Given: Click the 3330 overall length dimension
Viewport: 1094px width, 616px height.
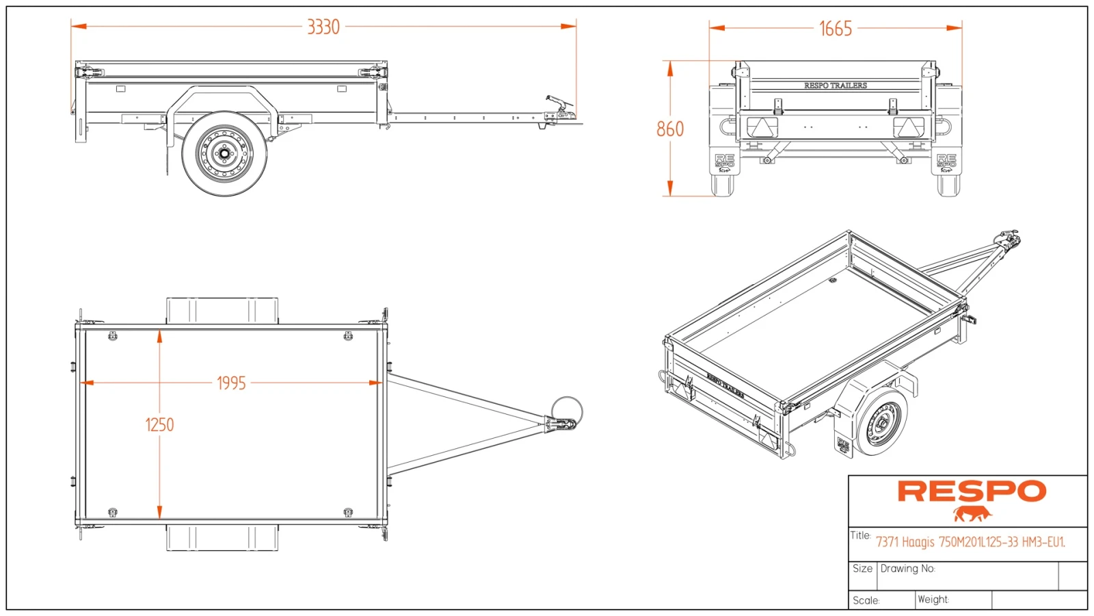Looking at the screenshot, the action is click(x=323, y=27).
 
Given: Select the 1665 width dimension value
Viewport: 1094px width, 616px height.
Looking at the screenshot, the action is click(x=835, y=29).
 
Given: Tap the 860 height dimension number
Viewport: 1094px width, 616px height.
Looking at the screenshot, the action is click(x=669, y=129).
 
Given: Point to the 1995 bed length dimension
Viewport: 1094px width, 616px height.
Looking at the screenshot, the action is click(x=231, y=383).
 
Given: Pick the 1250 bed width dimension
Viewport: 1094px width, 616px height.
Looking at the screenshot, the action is click(x=159, y=425).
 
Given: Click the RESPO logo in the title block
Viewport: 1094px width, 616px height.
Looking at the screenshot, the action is click(x=971, y=491).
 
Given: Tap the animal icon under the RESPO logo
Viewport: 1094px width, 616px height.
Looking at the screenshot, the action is click(x=972, y=513).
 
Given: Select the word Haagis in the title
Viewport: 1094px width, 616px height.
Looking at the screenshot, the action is click(x=918, y=542).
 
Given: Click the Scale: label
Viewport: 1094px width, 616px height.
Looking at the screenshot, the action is click(x=866, y=600).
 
